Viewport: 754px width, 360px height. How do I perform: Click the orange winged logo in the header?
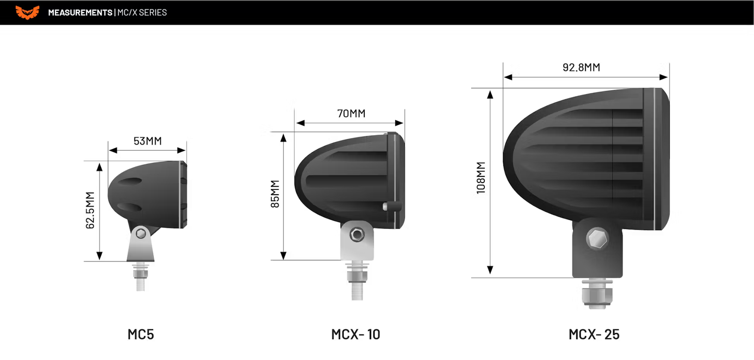tap(27, 12)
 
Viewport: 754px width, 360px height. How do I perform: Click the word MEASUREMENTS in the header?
tap(80, 13)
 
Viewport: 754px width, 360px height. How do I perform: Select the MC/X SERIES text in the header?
tap(142, 13)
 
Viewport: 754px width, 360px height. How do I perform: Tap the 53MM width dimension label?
tap(147, 141)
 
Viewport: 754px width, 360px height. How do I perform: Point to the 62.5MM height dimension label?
tap(90, 210)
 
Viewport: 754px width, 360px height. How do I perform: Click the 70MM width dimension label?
tap(351, 114)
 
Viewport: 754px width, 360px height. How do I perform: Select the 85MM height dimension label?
tap(275, 194)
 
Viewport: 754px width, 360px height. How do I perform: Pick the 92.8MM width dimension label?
tap(581, 67)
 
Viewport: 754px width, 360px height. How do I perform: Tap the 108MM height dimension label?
tap(481, 178)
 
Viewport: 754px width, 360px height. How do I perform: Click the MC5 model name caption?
tap(140, 334)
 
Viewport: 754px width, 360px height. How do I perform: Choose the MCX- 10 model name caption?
tap(355, 334)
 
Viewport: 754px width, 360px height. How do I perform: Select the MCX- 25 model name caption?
tap(594, 334)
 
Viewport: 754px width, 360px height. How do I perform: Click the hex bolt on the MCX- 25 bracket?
tap(597, 239)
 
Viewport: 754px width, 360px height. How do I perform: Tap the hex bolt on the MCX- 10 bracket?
tap(357, 235)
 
